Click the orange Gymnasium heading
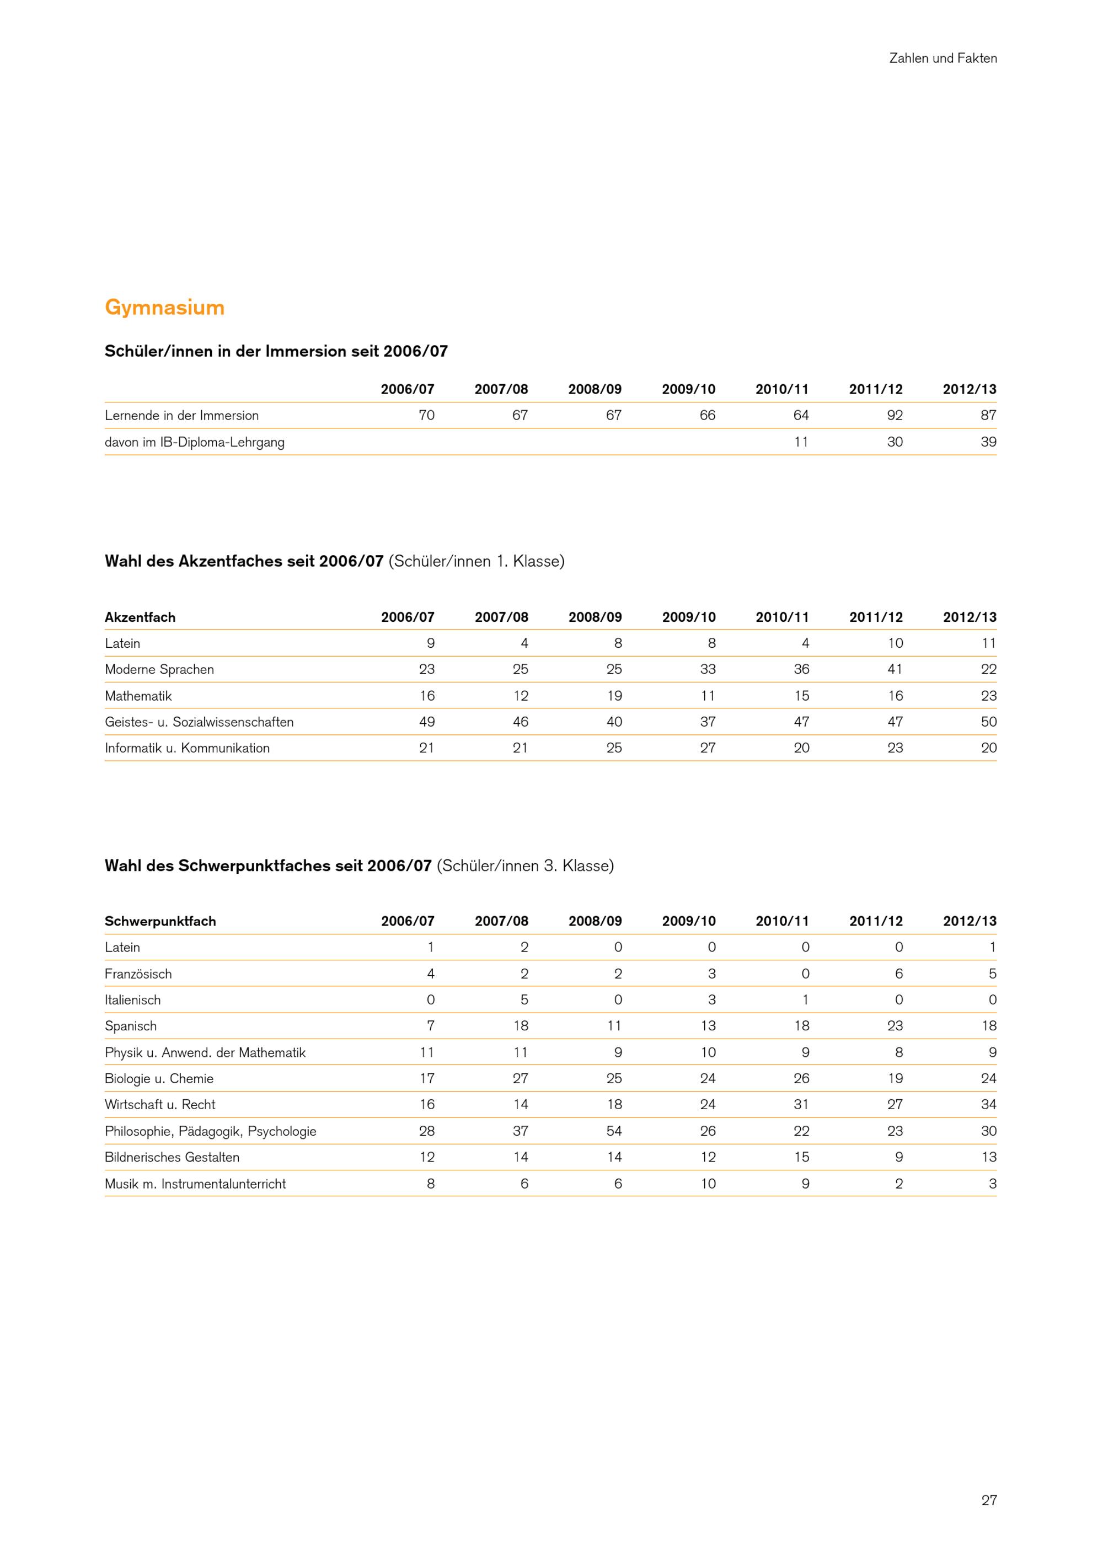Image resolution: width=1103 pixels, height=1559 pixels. [x=164, y=308]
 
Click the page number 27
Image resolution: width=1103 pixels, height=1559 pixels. [x=988, y=1500]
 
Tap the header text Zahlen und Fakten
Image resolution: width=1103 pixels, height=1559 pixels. [x=943, y=58]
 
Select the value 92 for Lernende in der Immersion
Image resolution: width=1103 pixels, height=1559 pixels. [x=895, y=416]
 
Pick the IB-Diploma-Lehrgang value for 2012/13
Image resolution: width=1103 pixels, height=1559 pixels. [x=988, y=442]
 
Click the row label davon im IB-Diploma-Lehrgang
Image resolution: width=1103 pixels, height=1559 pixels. [x=194, y=442]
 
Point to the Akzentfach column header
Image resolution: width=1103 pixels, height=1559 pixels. [x=140, y=617]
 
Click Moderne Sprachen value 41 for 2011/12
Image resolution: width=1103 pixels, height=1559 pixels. [x=895, y=669]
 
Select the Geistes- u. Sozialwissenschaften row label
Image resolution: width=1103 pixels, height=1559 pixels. [x=199, y=722]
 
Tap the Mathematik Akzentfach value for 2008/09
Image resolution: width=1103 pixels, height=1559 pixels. [x=614, y=696]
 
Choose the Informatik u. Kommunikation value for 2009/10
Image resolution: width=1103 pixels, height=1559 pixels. [x=708, y=748]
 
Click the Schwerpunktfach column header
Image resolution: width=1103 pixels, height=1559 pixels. [x=160, y=921]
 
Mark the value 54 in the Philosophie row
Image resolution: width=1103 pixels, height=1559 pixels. [x=614, y=1131]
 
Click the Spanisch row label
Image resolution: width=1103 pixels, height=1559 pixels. [x=130, y=1026]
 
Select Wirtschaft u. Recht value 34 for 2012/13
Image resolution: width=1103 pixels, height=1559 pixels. [x=988, y=1105]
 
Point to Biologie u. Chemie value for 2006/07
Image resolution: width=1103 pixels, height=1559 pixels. [x=426, y=1079]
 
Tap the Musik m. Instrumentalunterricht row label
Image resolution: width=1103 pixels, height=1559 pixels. [x=195, y=1184]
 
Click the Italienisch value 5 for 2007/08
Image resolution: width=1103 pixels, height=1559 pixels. [x=524, y=1000]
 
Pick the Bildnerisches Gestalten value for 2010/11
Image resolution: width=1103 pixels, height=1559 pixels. [x=801, y=1158]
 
